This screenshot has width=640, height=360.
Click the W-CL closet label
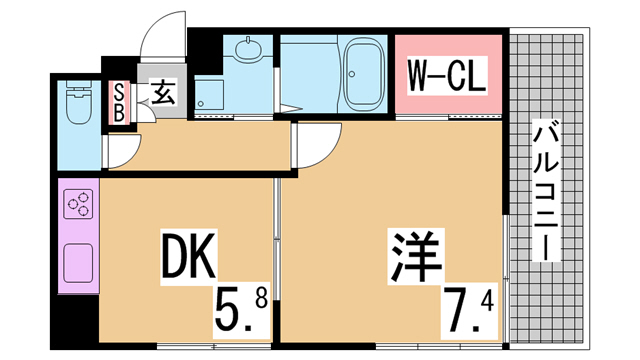447,76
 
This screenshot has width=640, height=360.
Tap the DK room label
188,256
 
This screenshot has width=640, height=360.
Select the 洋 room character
416,255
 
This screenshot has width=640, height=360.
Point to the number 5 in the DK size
228,311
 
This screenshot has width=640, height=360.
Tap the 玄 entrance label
164,92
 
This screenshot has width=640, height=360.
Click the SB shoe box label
119,102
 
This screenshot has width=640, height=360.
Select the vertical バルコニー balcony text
546,190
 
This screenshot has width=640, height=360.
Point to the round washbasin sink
248,51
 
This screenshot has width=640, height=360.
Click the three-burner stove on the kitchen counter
78,204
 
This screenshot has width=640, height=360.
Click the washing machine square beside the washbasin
209,95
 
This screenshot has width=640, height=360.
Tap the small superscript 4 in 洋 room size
488,302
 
